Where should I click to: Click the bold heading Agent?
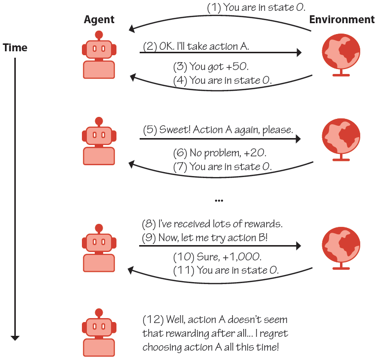click(99, 20)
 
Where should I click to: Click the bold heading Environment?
click(341, 20)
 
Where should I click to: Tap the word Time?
click(15, 48)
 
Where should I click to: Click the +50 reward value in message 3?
click(236, 67)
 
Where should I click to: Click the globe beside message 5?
click(341, 138)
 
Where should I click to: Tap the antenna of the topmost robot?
click(99, 35)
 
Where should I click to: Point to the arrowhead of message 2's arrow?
click(298, 52)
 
